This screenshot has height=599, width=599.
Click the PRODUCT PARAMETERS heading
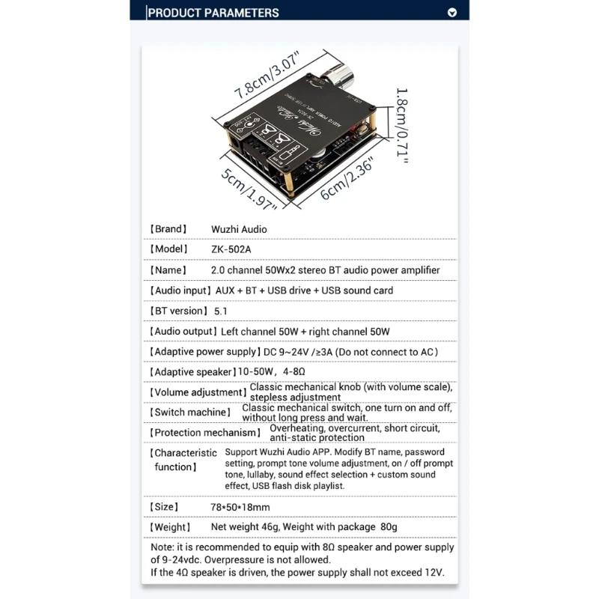point(213,12)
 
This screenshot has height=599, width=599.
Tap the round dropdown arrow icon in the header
point(451,12)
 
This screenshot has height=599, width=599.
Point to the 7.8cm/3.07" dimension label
point(266,76)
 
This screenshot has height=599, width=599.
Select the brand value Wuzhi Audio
point(239,229)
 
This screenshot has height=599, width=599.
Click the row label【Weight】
point(171,527)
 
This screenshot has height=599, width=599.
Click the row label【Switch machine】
point(190,412)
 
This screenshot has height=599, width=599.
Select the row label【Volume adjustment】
point(198,392)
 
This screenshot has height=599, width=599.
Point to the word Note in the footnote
point(163,547)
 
